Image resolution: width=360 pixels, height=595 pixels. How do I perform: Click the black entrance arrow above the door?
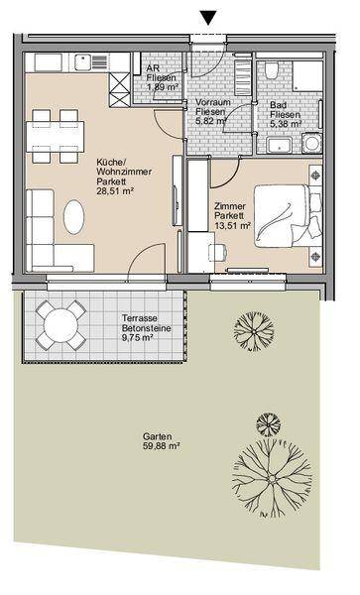208,18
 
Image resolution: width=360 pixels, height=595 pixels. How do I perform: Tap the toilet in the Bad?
272,70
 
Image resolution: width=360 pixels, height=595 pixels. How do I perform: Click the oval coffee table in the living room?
73,217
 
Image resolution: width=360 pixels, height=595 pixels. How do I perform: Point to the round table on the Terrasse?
60,325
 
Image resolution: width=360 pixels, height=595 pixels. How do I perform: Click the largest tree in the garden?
272,478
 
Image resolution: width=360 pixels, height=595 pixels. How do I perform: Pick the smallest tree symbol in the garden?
268,424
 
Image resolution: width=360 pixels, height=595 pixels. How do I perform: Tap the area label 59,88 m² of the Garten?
162,446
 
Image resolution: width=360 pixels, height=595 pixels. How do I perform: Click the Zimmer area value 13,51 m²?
232,226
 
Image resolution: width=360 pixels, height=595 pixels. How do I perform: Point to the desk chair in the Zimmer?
218,252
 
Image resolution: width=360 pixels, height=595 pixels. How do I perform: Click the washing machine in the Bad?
312,143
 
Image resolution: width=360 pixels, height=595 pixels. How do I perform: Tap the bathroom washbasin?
280,146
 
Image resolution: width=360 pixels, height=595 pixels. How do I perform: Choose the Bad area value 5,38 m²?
286,124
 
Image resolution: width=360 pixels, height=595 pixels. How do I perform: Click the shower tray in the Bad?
307,76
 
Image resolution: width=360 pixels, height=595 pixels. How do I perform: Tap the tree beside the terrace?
254,331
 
